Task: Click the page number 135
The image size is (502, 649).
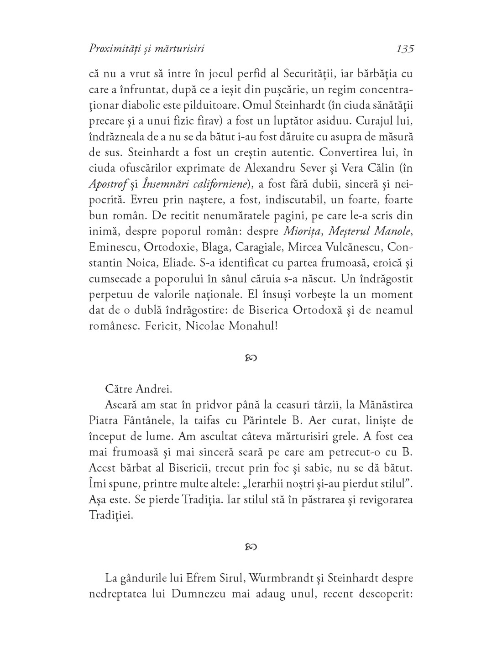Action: pos(405,48)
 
